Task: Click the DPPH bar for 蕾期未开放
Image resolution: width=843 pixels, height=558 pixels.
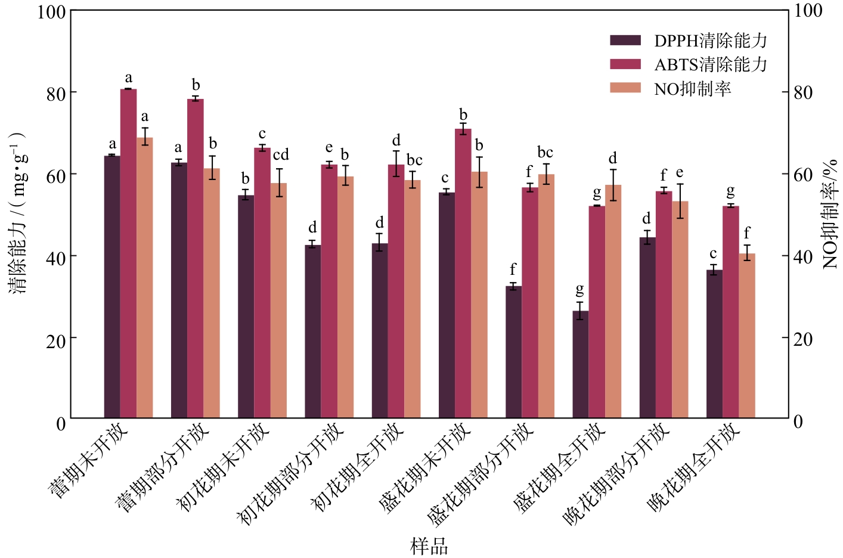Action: pyautogui.click(x=112, y=287)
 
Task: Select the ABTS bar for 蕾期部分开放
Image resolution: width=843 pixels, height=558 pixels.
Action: pyautogui.click(x=196, y=259)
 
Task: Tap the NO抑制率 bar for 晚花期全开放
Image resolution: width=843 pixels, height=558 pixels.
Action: pyautogui.click(x=746, y=336)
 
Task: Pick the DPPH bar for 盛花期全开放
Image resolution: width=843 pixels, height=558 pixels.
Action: pyautogui.click(x=580, y=364)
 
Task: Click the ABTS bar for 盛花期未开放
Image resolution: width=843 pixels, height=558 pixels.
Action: pyautogui.click(x=463, y=274)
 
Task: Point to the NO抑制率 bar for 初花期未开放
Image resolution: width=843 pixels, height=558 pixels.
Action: pyautogui.click(x=278, y=300)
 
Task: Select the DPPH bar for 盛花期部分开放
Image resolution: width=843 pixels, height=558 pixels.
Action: pyautogui.click(x=513, y=352)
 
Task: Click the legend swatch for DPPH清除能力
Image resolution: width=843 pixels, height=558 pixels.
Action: pyautogui.click(x=625, y=41)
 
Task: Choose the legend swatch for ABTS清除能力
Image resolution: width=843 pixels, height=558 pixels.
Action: pyautogui.click(x=625, y=64)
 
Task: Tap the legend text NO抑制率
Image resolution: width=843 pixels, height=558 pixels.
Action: pyautogui.click(x=693, y=89)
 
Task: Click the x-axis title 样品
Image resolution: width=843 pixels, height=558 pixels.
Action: pyautogui.click(x=429, y=546)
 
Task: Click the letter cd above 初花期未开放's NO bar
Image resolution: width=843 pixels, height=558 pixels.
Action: pyautogui.click(x=281, y=154)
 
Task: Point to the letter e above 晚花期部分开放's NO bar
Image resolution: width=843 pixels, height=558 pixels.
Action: pyautogui.click(x=680, y=173)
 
